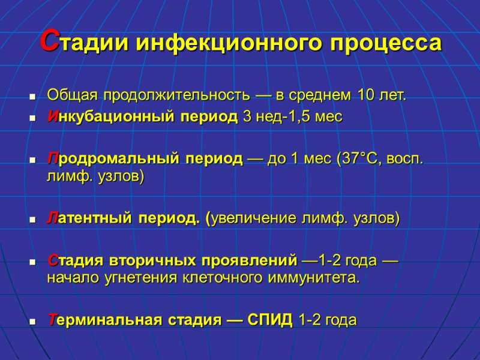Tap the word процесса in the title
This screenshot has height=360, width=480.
click(382, 43)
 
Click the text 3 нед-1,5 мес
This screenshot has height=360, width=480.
click(292, 117)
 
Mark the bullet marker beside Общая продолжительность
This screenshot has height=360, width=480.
click(32, 97)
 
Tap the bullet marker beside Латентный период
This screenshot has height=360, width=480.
click(32, 220)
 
